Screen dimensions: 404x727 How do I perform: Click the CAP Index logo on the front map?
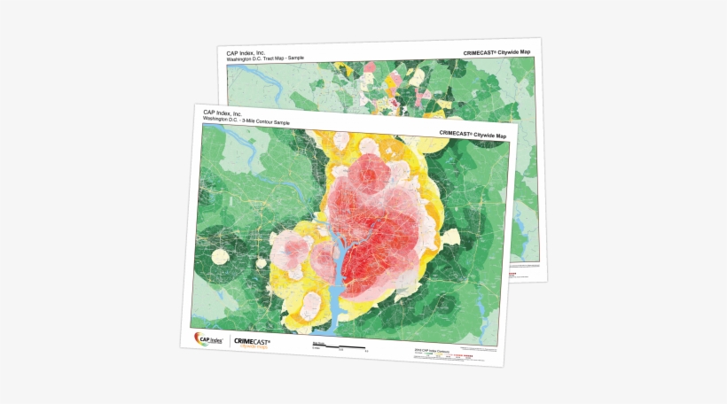[x=209, y=338]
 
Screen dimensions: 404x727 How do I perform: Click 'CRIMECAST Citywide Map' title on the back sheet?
[x=496, y=53]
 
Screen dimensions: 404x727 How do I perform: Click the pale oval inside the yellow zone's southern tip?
[x=312, y=307]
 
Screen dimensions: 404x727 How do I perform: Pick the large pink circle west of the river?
[x=291, y=251]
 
